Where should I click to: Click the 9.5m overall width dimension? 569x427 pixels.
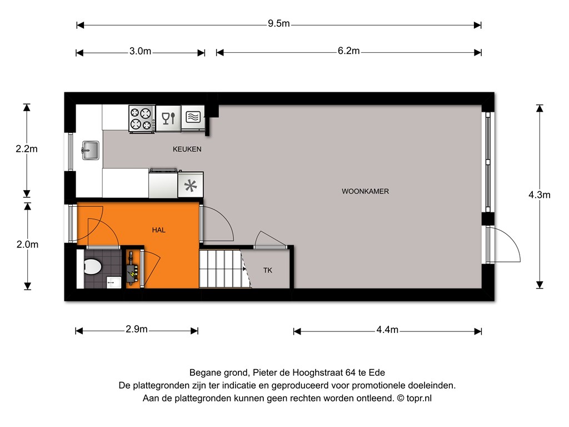coord(279,23)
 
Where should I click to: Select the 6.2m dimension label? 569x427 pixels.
coord(349,51)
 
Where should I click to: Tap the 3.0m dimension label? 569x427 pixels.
coord(140,51)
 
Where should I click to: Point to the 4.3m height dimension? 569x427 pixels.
coord(539,195)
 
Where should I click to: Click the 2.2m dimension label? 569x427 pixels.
coord(27,149)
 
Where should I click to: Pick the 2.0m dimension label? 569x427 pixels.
coord(27,245)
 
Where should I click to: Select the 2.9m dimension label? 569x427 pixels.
coord(137,329)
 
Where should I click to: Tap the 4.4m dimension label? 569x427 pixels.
coord(387,330)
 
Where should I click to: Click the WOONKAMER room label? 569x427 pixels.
coord(365,191)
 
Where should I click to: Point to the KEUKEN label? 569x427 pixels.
coord(187,149)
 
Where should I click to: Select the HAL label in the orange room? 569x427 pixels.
coord(158,230)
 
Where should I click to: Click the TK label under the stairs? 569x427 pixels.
coord(268,271)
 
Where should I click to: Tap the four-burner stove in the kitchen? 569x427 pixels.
coord(142,119)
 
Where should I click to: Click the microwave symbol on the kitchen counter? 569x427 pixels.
coord(193,118)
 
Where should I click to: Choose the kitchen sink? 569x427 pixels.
coord(91,150)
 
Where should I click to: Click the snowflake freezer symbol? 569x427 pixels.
coord(191,185)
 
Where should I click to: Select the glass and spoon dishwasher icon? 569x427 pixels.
coord(168,118)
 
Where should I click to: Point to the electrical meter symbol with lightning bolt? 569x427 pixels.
coord(132,269)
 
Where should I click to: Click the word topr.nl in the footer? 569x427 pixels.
coord(419,398)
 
